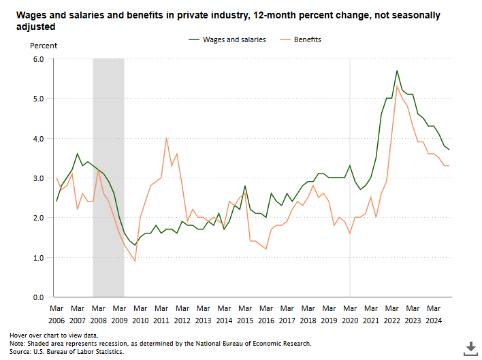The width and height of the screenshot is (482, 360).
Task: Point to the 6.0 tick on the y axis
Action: (38, 59)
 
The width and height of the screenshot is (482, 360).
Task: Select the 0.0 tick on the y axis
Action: (38, 297)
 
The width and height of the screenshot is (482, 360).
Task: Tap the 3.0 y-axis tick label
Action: (38, 178)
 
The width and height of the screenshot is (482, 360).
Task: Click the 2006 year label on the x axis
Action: (57, 321)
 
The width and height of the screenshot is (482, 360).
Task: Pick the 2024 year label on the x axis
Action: (434, 321)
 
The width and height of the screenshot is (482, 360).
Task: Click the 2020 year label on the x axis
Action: (350, 321)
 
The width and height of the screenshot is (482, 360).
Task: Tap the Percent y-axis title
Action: (44, 46)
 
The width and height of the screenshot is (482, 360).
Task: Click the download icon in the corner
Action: (470, 347)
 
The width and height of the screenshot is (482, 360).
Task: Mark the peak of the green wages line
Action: (397, 71)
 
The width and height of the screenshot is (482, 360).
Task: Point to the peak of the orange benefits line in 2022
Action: (397, 86)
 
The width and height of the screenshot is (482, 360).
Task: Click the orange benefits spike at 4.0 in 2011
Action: (166, 138)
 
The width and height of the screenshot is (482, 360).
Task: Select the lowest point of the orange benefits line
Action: (135, 261)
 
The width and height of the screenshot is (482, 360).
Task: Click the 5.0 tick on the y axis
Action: (38, 99)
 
